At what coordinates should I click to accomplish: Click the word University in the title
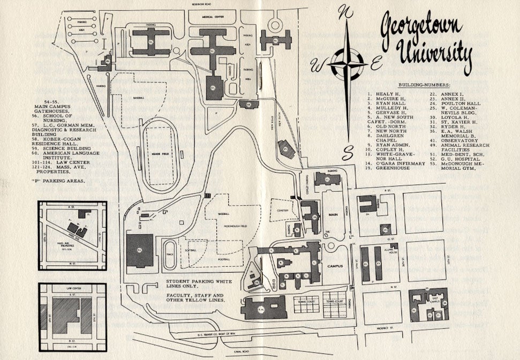point(433,54)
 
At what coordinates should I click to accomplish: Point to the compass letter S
point(348,153)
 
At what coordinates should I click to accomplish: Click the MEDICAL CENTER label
point(212,17)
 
